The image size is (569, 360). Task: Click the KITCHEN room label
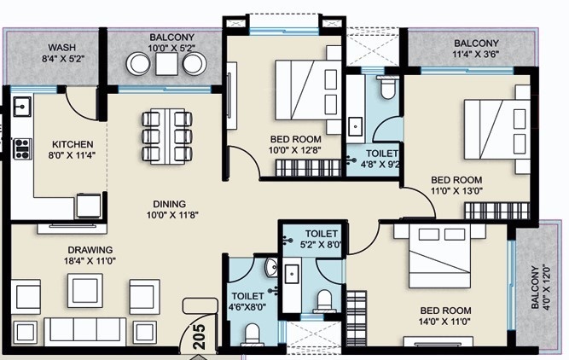(73, 144)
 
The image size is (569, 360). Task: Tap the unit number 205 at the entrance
(200, 337)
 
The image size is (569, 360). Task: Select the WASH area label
(62, 48)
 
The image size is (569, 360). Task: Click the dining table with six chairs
(167, 136)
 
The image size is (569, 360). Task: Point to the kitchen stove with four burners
(22, 148)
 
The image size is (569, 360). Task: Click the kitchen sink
(22, 107)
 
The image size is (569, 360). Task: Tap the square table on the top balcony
(166, 64)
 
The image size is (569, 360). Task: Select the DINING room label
(170, 204)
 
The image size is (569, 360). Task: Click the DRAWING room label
(90, 250)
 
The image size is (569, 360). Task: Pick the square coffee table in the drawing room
(85, 291)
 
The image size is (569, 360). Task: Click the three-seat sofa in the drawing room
(85, 332)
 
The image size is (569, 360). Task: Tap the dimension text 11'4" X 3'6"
(477, 54)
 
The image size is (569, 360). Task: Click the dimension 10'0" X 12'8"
(295, 150)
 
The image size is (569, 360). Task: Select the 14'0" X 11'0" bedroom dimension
(445, 321)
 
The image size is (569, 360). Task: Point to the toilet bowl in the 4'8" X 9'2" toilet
(387, 87)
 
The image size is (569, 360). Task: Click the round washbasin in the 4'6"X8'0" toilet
(271, 267)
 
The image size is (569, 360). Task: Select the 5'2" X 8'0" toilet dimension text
(321, 245)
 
